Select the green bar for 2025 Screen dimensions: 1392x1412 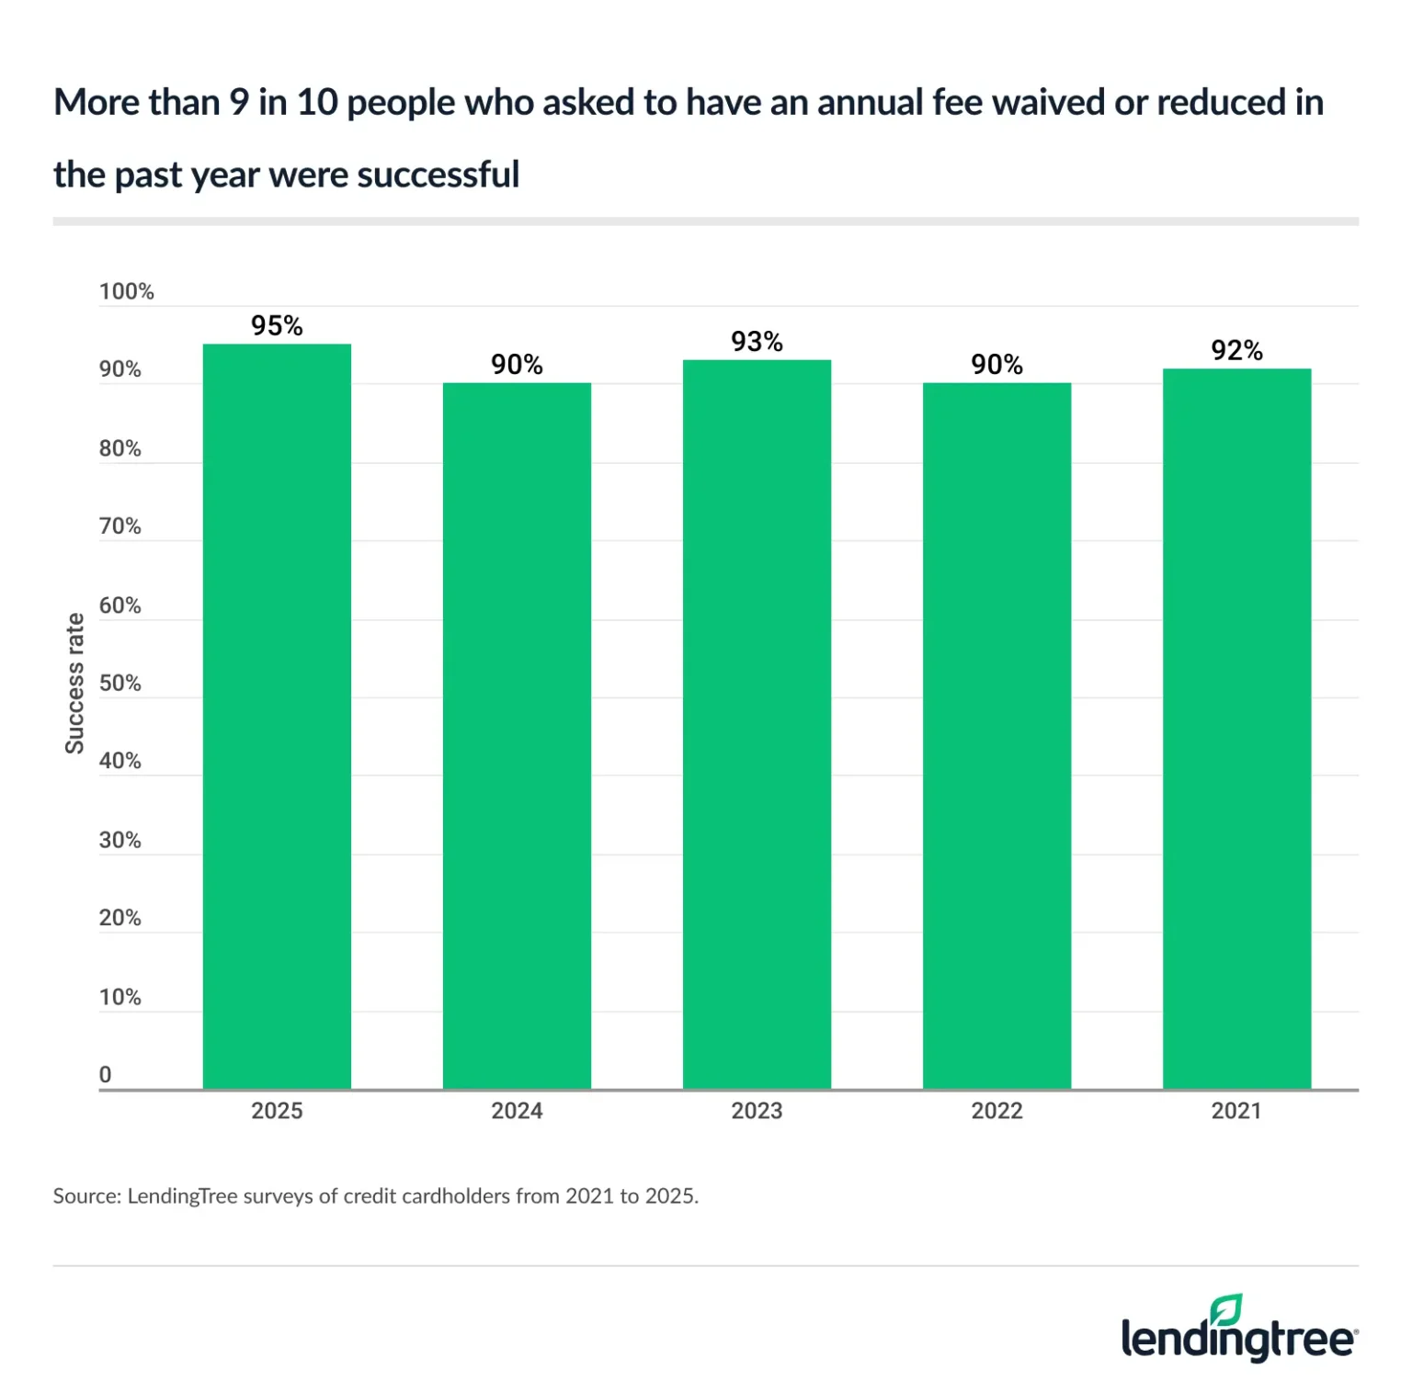point(277,717)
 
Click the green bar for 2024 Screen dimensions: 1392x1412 point(517,735)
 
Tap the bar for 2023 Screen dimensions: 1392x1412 point(757,726)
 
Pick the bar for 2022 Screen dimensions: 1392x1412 point(996,735)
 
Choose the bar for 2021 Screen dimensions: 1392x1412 point(1236,730)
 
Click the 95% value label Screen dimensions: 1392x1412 point(277,325)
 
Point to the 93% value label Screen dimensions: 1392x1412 point(757,342)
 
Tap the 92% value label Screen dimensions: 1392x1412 point(1236,350)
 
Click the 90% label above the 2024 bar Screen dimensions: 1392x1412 point(517,365)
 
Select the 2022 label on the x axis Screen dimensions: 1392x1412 point(996,1111)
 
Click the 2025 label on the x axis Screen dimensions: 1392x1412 point(277,1111)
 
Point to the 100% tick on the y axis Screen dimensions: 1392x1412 point(126,291)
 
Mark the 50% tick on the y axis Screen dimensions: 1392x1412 point(120,683)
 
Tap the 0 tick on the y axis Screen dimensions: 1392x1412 point(105,1074)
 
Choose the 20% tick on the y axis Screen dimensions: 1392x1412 point(120,918)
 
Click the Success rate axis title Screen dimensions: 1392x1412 point(74,684)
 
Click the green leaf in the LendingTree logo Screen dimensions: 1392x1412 point(1226,1309)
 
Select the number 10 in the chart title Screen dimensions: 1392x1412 point(318,102)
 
